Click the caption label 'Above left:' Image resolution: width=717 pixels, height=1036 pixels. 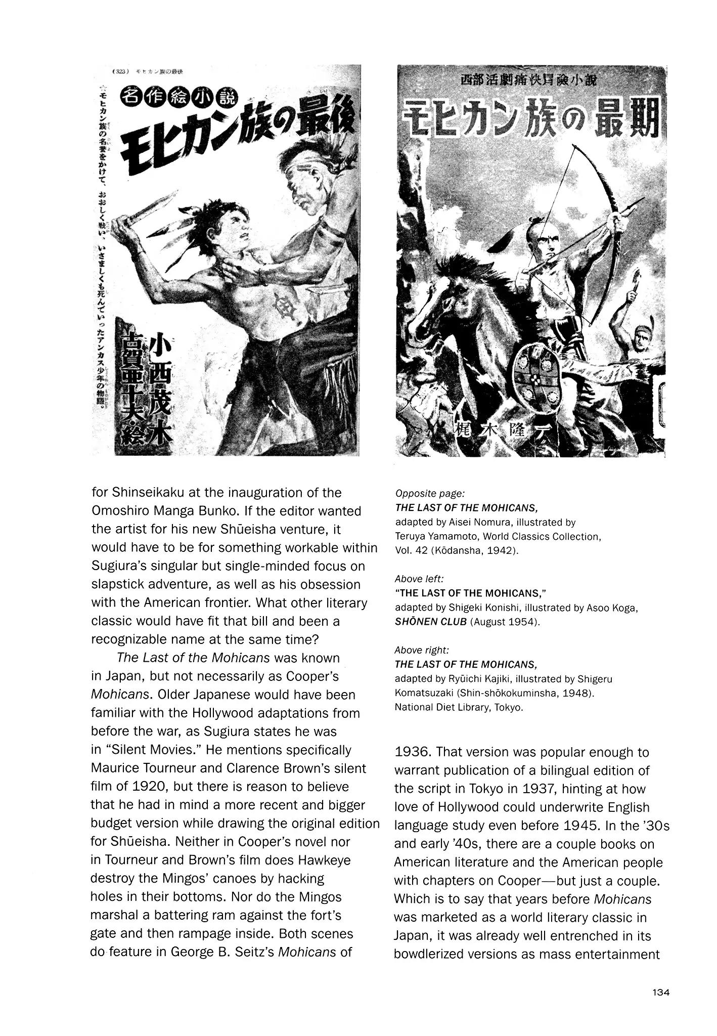click(419, 578)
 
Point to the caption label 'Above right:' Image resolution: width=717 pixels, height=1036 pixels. click(422, 650)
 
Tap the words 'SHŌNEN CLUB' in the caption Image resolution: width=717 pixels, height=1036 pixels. click(431, 621)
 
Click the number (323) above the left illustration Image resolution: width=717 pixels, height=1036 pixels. click(123, 71)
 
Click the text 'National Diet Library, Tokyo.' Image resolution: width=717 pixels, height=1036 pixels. click(459, 707)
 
